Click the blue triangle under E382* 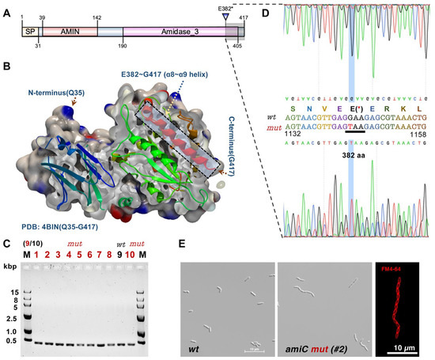[x=227, y=16]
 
